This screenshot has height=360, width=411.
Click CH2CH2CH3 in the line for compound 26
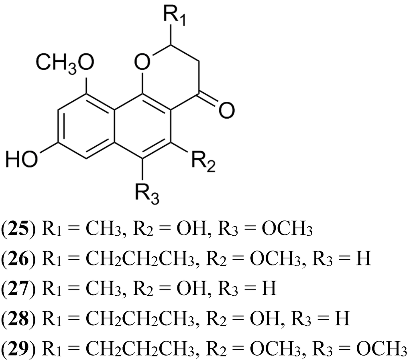(137, 259)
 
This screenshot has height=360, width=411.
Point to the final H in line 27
(271, 288)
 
